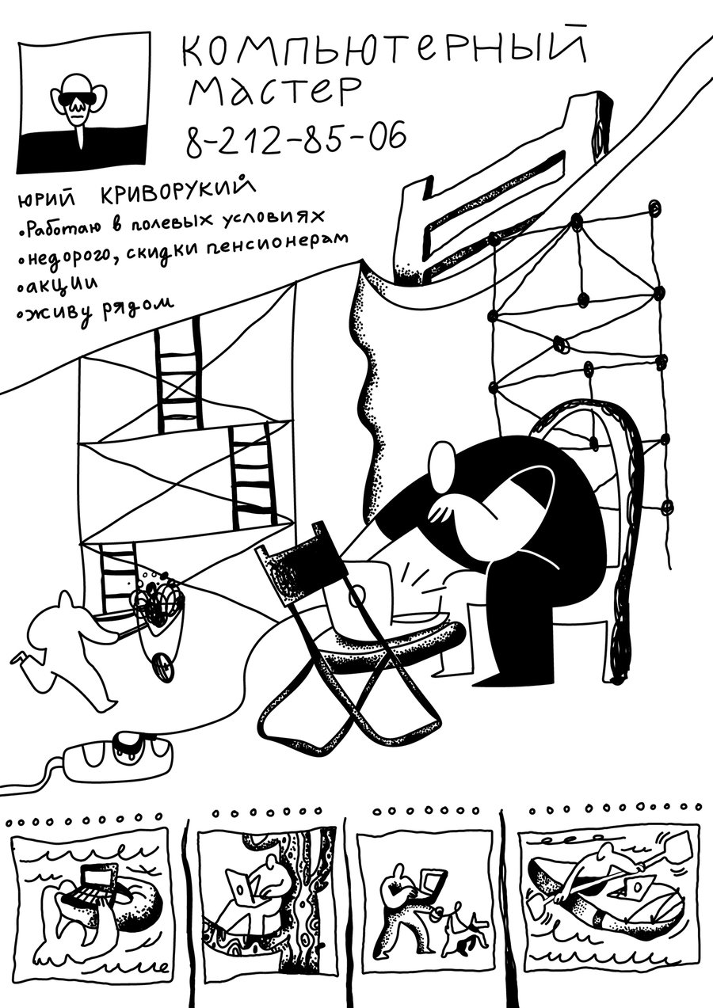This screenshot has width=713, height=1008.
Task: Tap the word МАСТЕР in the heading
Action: click(x=274, y=92)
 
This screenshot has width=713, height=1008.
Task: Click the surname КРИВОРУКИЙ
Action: click(x=178, y=192)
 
